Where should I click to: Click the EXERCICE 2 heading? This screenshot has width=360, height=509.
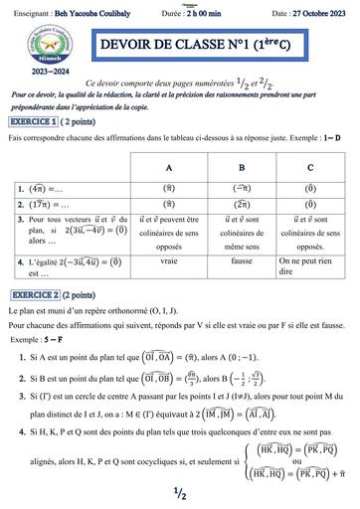coord(36,296)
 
